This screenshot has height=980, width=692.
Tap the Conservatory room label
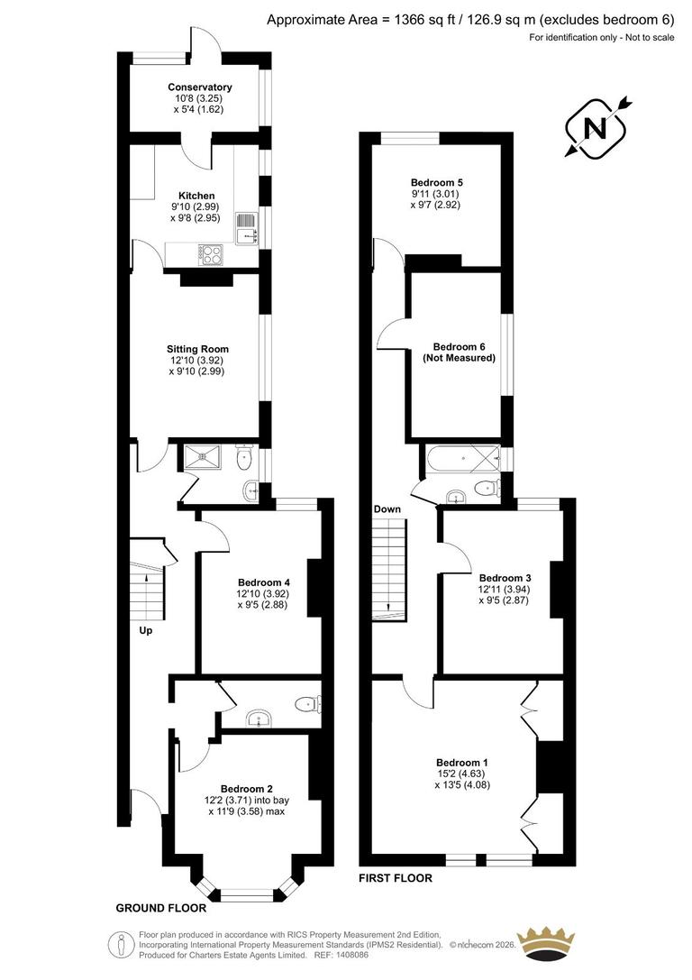199,87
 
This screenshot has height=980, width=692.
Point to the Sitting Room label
197,349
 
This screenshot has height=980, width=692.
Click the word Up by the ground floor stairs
146,630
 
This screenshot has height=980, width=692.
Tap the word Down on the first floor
387,509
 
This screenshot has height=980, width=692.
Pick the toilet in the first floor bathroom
487,488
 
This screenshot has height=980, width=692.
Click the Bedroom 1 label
463,760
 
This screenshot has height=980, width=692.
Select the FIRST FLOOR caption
396,877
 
